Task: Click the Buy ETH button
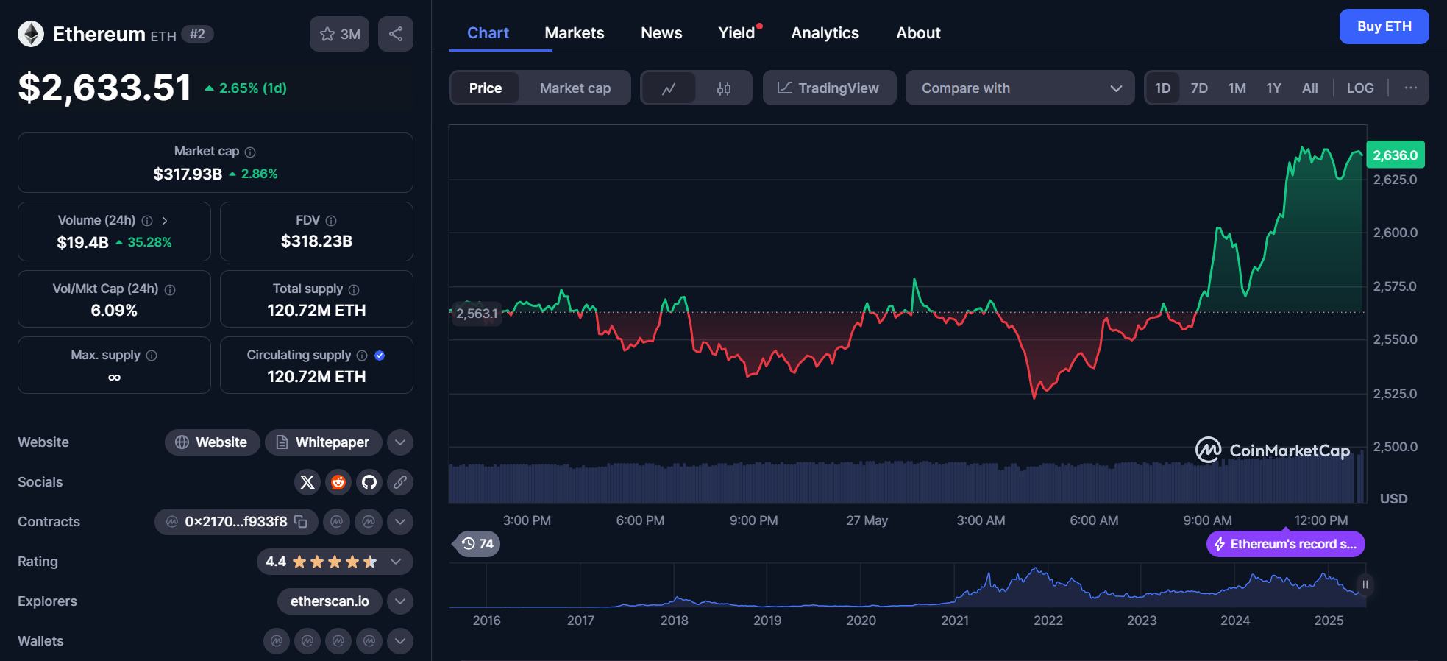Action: click(1384, 26)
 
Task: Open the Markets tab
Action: click(574, 33)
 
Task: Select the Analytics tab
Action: click(825, 33)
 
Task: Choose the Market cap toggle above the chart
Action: click(575, 88)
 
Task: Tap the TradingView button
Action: click(829, 88)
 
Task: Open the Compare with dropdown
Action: click(1020, 88)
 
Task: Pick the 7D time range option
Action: click(1199, 88)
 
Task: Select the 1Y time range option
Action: click(1273, 88)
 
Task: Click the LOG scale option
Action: click(1359, 88)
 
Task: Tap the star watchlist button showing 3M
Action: click(339, 34)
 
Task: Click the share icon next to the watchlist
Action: click(396, 34)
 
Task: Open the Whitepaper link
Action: click(323, 442)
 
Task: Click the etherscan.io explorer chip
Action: click(330, 601)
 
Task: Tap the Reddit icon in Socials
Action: click(338, 482)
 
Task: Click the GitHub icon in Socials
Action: click(369, 482)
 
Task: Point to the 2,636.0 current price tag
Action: click(1395, 155)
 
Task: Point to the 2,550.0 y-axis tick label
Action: click(1395, 340)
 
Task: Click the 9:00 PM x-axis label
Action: click(753, 520)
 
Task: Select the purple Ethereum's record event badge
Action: click(1285, 544)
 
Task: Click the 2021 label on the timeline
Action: click(955, 621)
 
